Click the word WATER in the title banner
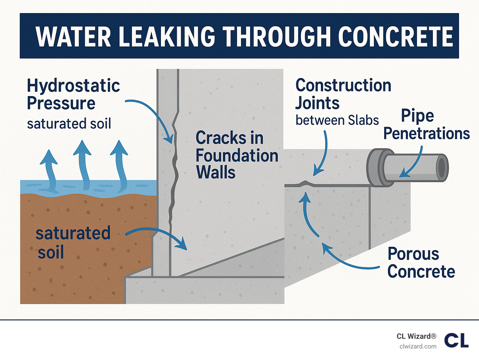(73, 36)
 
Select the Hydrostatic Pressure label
(73, 94)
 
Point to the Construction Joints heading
(343, 94)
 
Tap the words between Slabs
(337, 120)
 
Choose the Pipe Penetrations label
(426, 124)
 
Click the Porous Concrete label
(421, 263)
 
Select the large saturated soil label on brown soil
(73, 242)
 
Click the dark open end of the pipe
(442, 168)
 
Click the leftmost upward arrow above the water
(50, 170)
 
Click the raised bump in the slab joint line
(306, 183)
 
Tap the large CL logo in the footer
(456, 340)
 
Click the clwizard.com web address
(418, 347)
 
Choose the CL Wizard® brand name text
(416, 336)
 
